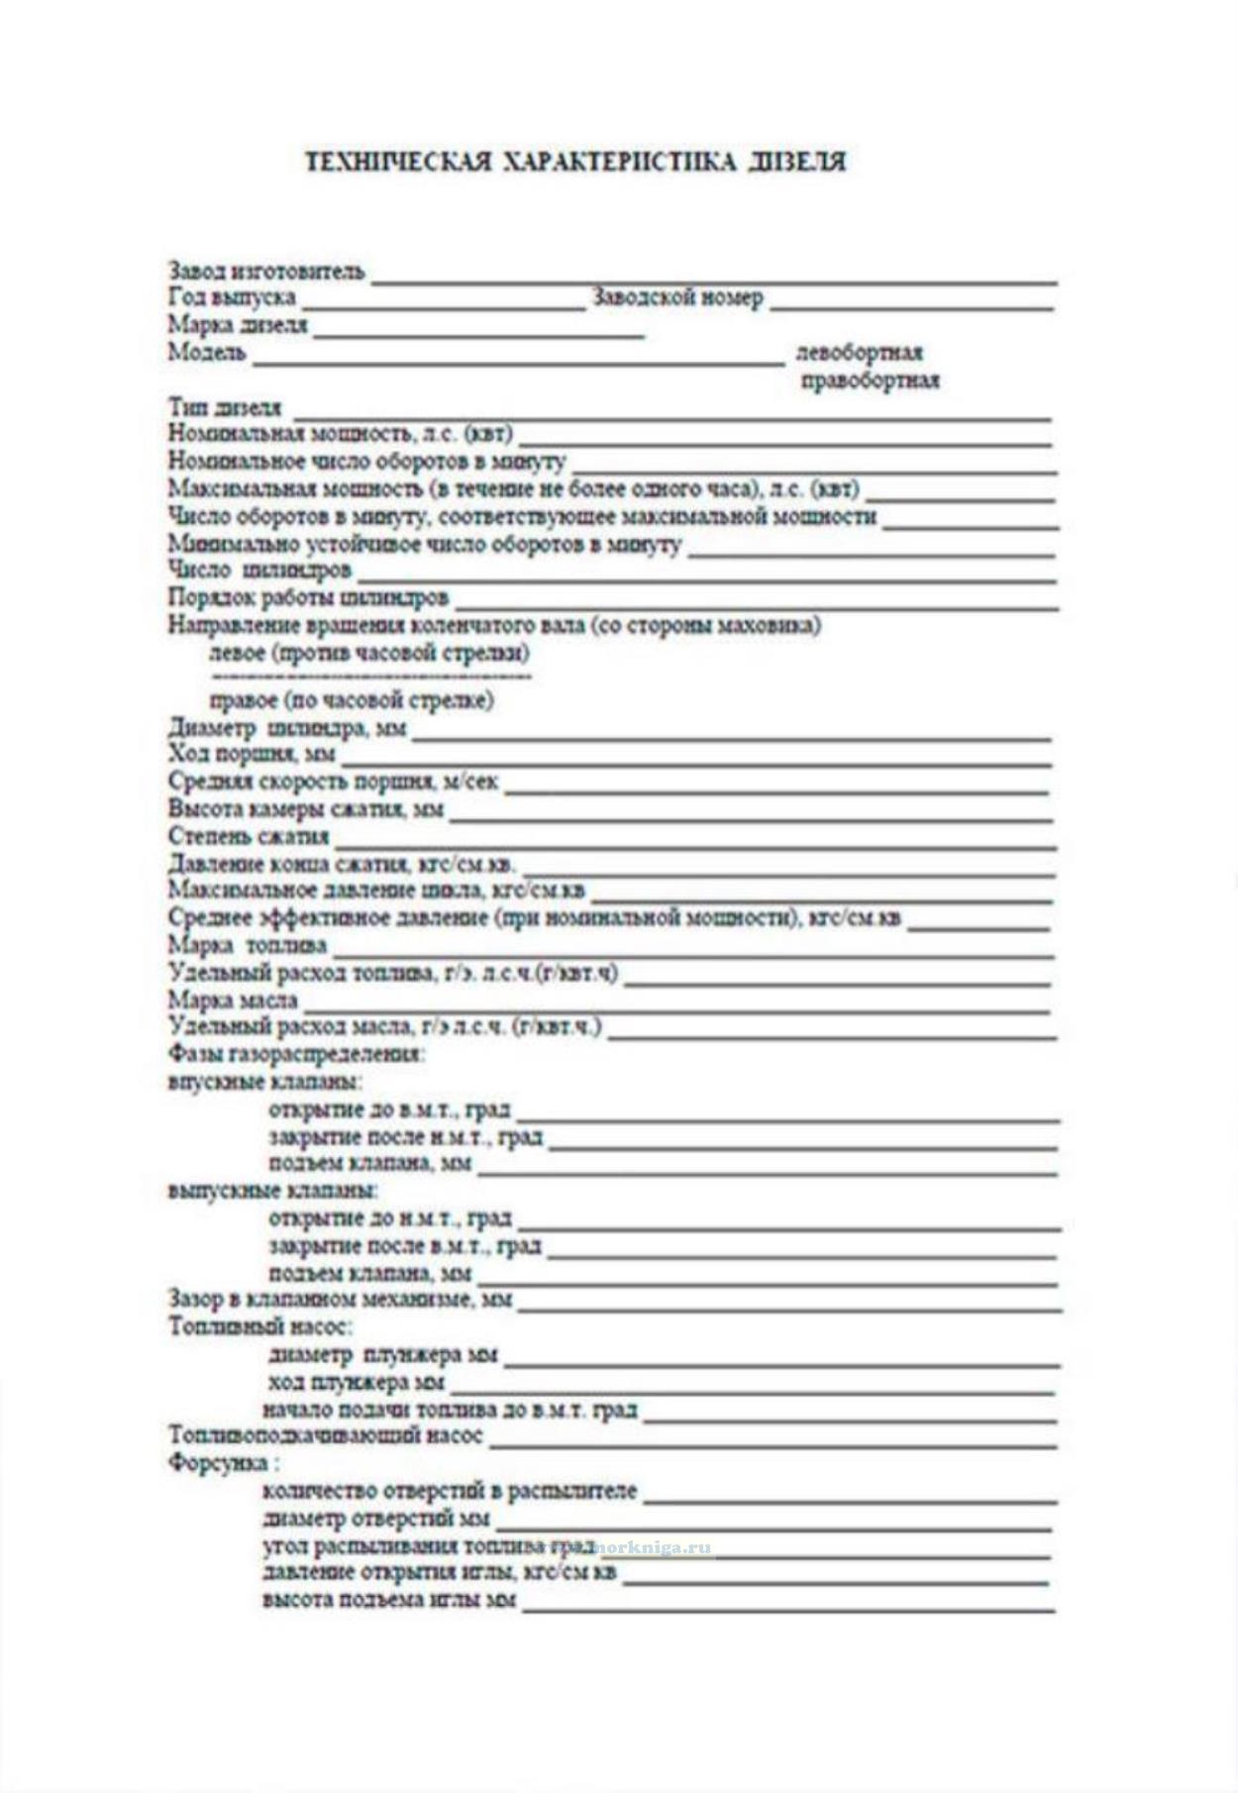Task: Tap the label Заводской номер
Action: click(x=677, y=297)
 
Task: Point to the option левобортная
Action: click(x=860, y=353)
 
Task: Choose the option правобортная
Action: click(x=870, y=380)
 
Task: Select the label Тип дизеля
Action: click(x=225, y=407)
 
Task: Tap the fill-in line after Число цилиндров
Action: click(x=705, y=577)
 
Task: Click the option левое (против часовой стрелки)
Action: click(x=369, y=653)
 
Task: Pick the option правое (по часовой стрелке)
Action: click(x=352, y=700)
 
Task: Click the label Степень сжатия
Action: click(x=248, y=836)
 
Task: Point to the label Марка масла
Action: click(x=233, y=1001)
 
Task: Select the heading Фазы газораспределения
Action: click(x=296, y=1054)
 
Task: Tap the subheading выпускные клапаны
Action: click(x=273, y=1190)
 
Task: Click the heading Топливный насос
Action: click(x=260, y=1326)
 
